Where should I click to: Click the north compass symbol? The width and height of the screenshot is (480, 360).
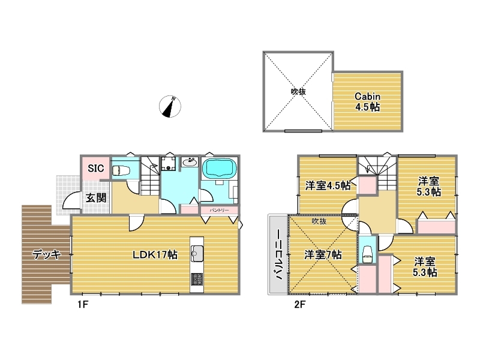click(170, 107)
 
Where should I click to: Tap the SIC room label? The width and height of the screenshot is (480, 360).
click(96, 168)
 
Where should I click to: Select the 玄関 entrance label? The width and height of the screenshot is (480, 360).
click(96, 198)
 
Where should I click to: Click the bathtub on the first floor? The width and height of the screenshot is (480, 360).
click(220, 168)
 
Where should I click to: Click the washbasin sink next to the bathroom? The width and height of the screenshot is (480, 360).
click(190, 161)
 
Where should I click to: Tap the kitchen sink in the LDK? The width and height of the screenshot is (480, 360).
click(197, 253)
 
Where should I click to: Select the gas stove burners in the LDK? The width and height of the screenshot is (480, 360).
click(197, 279)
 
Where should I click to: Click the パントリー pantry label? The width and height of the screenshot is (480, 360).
click(219, 211)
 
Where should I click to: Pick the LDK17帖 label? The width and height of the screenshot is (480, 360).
click(155, 254)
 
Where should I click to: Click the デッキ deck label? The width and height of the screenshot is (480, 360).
click(47, 254)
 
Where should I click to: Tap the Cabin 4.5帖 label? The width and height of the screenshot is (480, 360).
click(368, 101)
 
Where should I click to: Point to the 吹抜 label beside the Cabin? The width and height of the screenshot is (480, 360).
click(298, 91)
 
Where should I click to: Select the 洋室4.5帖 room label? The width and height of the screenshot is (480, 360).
click(328, 185)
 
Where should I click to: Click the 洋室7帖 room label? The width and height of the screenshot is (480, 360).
click(323, 254)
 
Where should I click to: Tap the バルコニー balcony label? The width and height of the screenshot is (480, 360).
click(279, 255)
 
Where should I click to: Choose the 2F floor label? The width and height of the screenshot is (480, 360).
click(299, 305)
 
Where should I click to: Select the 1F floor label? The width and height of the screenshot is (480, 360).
click(83, 305)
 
